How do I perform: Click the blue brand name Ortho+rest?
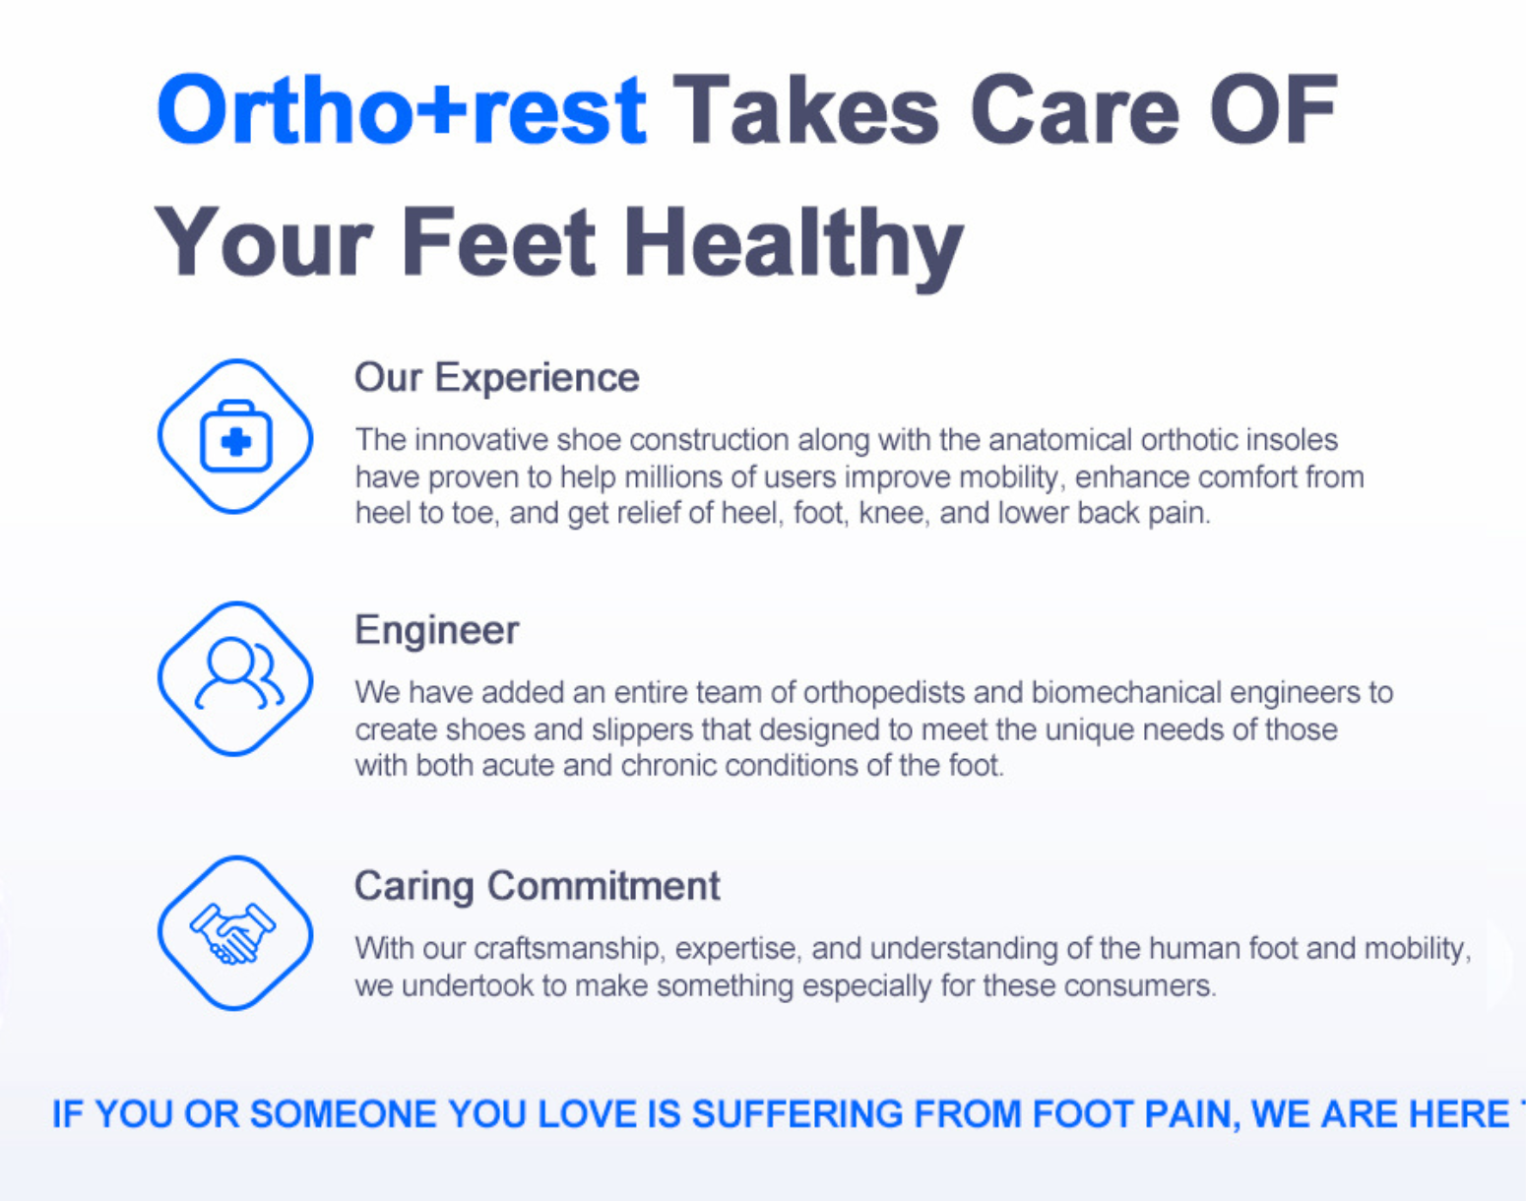click(402, 110)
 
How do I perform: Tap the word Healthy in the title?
click(793, 245)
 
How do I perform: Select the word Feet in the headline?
click(498, 241)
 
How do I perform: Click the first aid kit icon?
click(235, 436)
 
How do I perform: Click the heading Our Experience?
click(497, 378)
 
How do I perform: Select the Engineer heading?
click(437, 630)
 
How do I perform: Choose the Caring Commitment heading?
click(537, 886)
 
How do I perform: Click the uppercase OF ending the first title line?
click(1274, 110)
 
